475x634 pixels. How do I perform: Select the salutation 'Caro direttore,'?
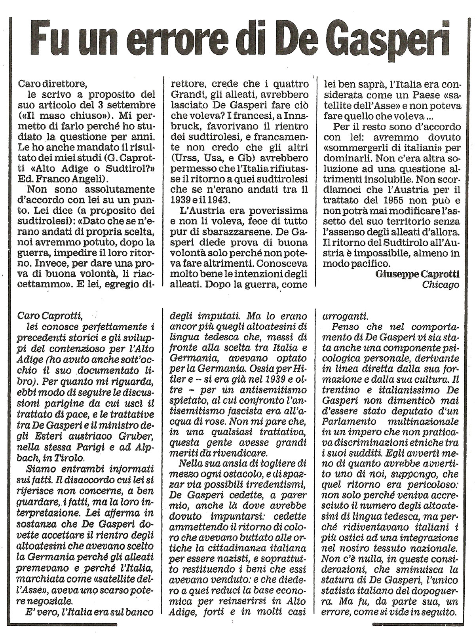tap(52, 84)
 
